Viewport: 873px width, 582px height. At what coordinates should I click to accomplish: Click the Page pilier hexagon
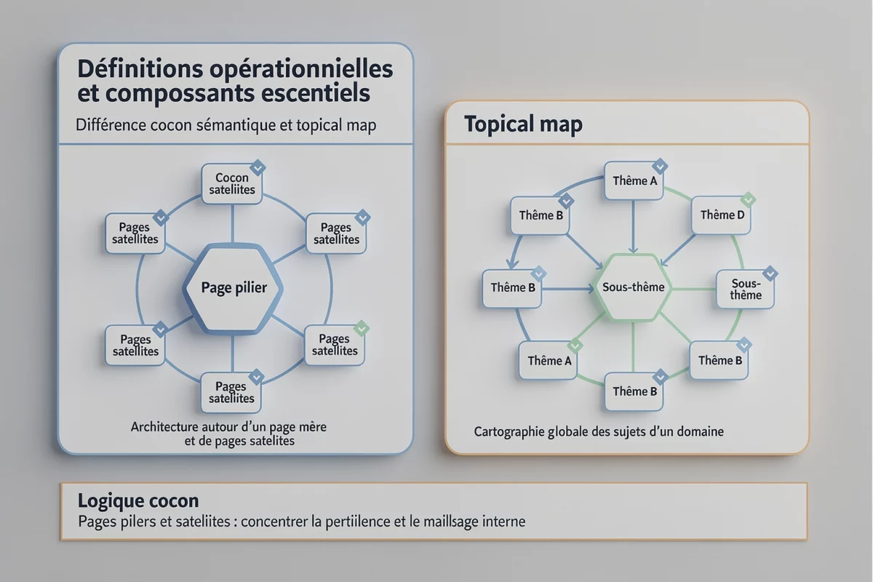(233, 287)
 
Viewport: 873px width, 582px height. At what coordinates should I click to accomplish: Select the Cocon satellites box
(231, 183)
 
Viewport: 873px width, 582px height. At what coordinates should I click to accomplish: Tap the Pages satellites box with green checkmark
(335, 345)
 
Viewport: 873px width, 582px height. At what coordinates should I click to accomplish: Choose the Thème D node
(721, 215)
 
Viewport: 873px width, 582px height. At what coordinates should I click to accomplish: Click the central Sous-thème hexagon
(633, 287)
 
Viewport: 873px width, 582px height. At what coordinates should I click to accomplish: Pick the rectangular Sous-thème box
(746, 289)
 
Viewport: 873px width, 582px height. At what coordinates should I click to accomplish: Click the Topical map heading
(523, 124)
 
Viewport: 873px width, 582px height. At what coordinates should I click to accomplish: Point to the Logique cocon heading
(137, 501)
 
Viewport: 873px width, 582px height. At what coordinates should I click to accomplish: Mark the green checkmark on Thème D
(748, 199)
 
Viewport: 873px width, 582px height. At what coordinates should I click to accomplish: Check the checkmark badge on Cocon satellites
(257, 168)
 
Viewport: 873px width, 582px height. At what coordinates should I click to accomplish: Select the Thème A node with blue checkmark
(634, 180)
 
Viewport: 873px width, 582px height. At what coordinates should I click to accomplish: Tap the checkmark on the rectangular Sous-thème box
(770, 274)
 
